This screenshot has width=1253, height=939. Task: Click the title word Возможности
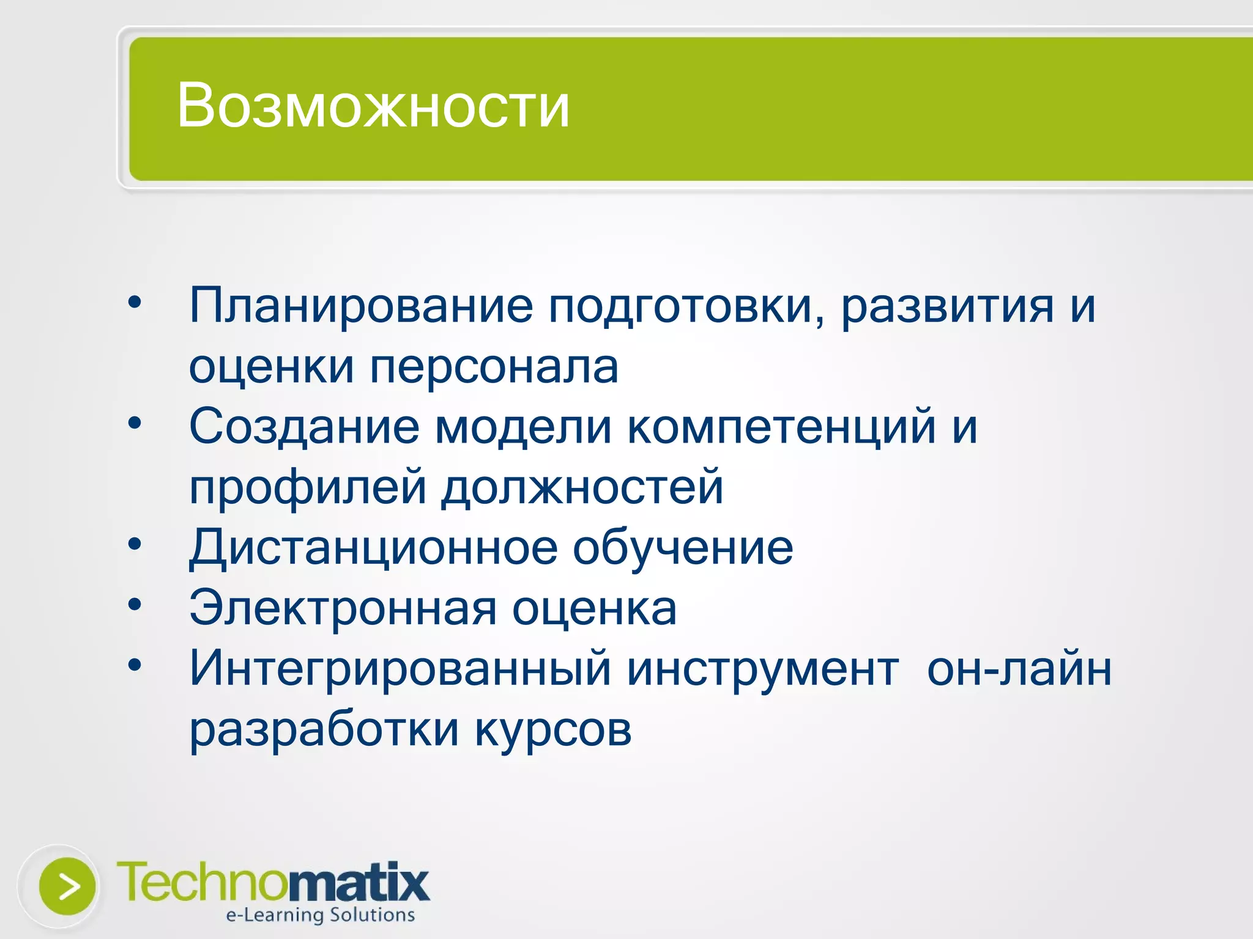(373, 107)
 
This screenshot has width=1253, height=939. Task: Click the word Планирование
(361, 306)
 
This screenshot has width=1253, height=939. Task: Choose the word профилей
(308, 488)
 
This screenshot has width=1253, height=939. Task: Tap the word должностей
(582, 488)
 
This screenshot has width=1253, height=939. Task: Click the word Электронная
(343, 608)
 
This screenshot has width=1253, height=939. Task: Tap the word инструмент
(763, 669)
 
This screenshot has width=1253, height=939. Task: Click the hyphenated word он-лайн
(1019, 669)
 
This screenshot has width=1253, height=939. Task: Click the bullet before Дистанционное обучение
(135, 543)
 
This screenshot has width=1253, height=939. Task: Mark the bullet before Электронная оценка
(135, 604)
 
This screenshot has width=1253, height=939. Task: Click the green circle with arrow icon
(67, 886)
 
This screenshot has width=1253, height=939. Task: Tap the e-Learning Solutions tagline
(320, 915)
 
